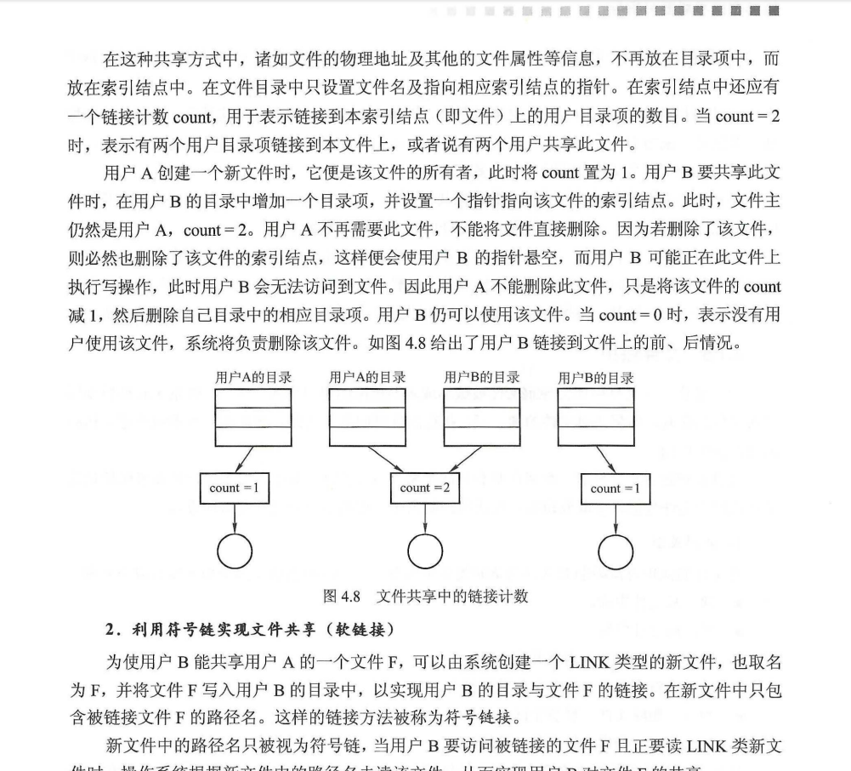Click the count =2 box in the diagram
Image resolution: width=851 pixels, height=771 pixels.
(x=425, y=488)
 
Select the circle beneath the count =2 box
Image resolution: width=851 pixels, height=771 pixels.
(x=425, y=551)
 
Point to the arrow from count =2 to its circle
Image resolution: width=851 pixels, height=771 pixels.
(x=425, y=519)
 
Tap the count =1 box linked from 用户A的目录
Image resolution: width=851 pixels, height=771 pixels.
(x=235, y=488)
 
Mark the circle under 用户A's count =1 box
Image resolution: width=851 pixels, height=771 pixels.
(x=235, y=551)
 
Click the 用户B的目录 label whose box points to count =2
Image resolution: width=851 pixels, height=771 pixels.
(x=482, y=377)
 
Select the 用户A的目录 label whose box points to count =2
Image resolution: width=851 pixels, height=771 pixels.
(x=367, y=377)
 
